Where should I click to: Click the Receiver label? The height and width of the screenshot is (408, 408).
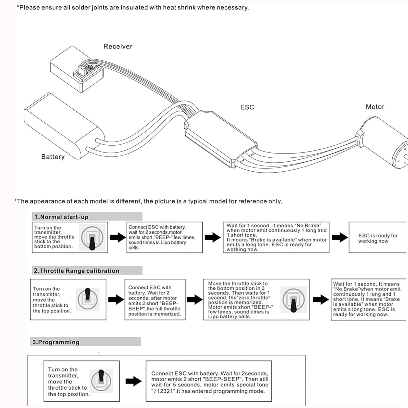tap(118, 46)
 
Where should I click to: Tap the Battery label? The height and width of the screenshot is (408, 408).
tap(53, 157)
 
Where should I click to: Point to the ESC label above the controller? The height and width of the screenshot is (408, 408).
tap(247, 107)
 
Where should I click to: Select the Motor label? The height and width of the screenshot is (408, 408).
tap(375, 107)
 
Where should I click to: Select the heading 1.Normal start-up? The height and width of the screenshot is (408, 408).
tap(61, 217)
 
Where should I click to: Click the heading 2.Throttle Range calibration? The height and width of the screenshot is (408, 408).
tap(76, 271)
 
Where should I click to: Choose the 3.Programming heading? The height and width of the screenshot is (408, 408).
tap(56, 342)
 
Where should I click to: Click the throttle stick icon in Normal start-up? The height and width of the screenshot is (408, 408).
tap(92, 238)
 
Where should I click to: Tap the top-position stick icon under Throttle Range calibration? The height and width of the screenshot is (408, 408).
tap(87, 299)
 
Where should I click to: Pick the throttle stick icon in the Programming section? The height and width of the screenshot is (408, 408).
tap(101, 381)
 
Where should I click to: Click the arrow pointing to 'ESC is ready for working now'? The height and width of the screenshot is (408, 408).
tap(340, 237)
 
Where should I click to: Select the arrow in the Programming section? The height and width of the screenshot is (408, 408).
tap(133, 381)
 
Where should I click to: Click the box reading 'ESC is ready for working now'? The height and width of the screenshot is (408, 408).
tap(377, 238)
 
